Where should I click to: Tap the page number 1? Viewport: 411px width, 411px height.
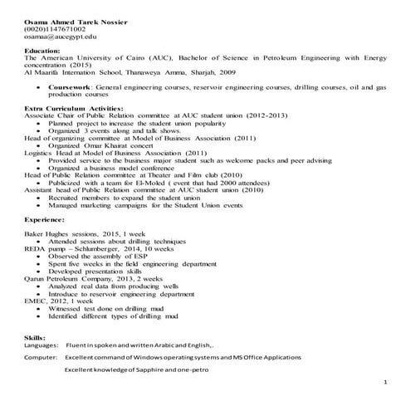pyautogui.click(x=386, y=383)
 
